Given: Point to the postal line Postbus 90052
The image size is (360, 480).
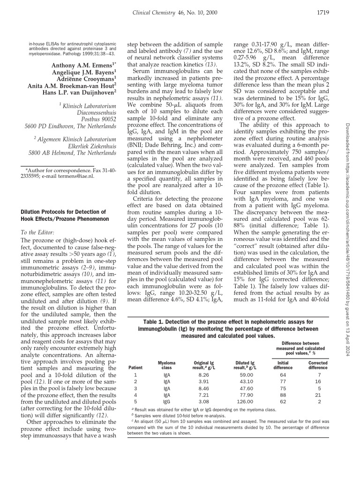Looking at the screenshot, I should tap(96, 119).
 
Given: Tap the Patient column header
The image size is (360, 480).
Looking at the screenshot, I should tap(135, 368).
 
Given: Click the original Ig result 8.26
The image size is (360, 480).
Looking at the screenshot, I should tap(203, 375).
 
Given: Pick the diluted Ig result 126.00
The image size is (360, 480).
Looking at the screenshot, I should tap(244, 401).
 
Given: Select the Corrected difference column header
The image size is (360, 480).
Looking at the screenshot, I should tap(317, 365).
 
